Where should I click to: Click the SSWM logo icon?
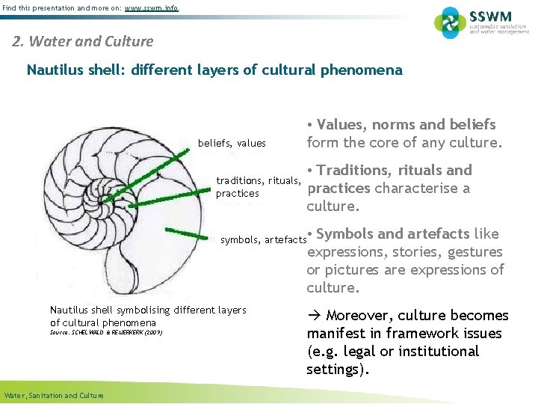click(x=450, y=22)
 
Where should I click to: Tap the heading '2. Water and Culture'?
click(x=83, y=41)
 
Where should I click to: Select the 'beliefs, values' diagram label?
click(x=232, y=143)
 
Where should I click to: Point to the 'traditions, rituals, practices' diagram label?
click(x=258, y=186)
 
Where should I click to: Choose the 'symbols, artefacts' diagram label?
click(x=264, y=240)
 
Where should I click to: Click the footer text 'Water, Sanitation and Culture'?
click(x=54, y=395)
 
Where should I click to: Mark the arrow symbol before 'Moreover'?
click(x=314, y=316)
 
